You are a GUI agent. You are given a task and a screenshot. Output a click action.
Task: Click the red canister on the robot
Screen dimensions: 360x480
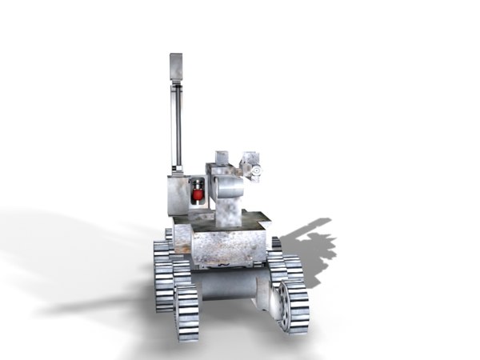click(x=197, y=194)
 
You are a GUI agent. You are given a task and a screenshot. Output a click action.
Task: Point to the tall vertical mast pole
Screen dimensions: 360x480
click(x=176, y=120)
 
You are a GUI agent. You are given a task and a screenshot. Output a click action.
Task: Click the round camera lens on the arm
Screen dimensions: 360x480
click(x=257, y=170)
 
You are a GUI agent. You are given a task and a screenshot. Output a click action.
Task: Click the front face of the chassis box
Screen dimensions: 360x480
click(x=229, y=249)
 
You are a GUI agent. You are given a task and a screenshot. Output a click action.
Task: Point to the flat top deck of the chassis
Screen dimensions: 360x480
click(x=240, y=219)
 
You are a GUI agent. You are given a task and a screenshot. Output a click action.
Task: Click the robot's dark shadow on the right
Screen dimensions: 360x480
click(x=312, y=244)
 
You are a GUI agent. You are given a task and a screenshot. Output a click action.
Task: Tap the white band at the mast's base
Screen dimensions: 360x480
click(x=176, y=170)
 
